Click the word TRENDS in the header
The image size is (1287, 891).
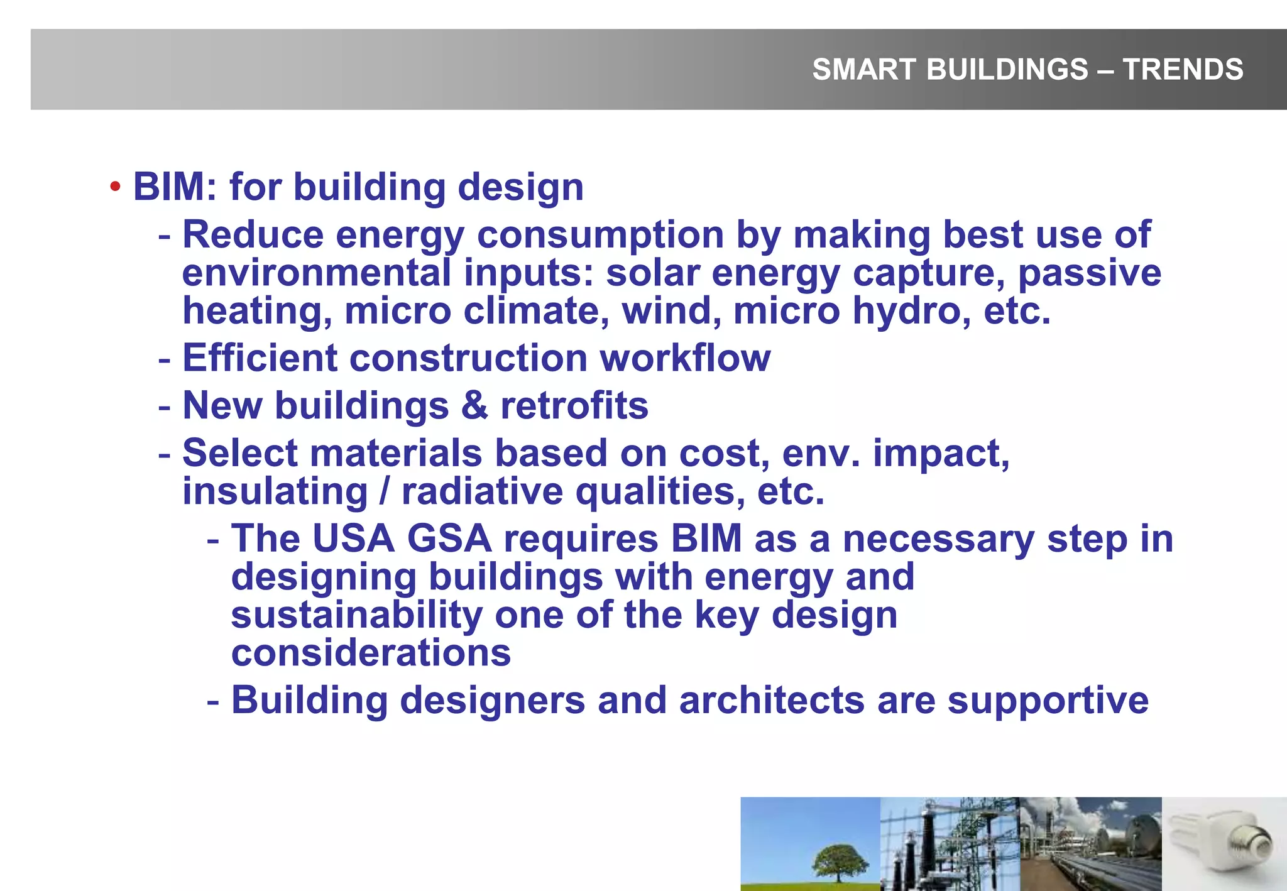tap(1183, 69)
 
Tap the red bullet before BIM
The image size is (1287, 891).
tap(115, 187)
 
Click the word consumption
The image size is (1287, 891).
tap(600, 235)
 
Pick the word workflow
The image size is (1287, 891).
tap(685, 358)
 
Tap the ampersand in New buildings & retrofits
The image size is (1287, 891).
tap(474, 405)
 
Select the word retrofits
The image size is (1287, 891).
tap(574, 405)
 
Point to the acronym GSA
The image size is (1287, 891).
tap(449, 539)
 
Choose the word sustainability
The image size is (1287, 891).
tap(356, 615)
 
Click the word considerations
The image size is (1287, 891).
tap(371, 653)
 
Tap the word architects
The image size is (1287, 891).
tap(771, 701)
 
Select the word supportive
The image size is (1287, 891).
tap(1048, 701)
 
